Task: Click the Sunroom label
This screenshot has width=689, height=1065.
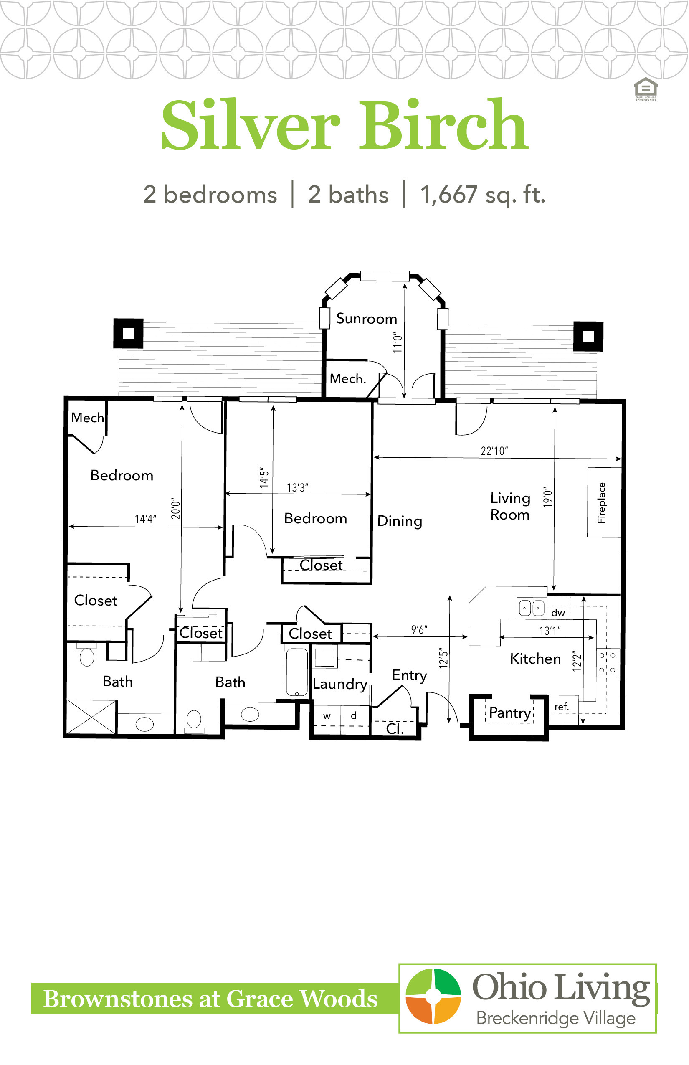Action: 367,318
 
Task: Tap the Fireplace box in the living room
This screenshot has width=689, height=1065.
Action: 604,502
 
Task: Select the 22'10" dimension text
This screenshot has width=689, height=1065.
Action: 494,451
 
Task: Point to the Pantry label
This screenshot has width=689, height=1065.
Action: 510,713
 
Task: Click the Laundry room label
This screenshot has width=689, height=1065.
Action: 340,684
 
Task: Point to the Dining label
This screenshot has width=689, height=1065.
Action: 400,521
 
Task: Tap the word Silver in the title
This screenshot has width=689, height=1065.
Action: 251,124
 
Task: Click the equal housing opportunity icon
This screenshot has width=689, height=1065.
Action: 646,89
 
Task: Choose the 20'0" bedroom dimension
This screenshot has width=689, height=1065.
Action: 175,508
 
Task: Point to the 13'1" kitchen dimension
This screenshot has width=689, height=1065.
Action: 550,631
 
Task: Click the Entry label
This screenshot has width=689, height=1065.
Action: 409,675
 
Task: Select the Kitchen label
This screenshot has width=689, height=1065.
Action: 535,659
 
